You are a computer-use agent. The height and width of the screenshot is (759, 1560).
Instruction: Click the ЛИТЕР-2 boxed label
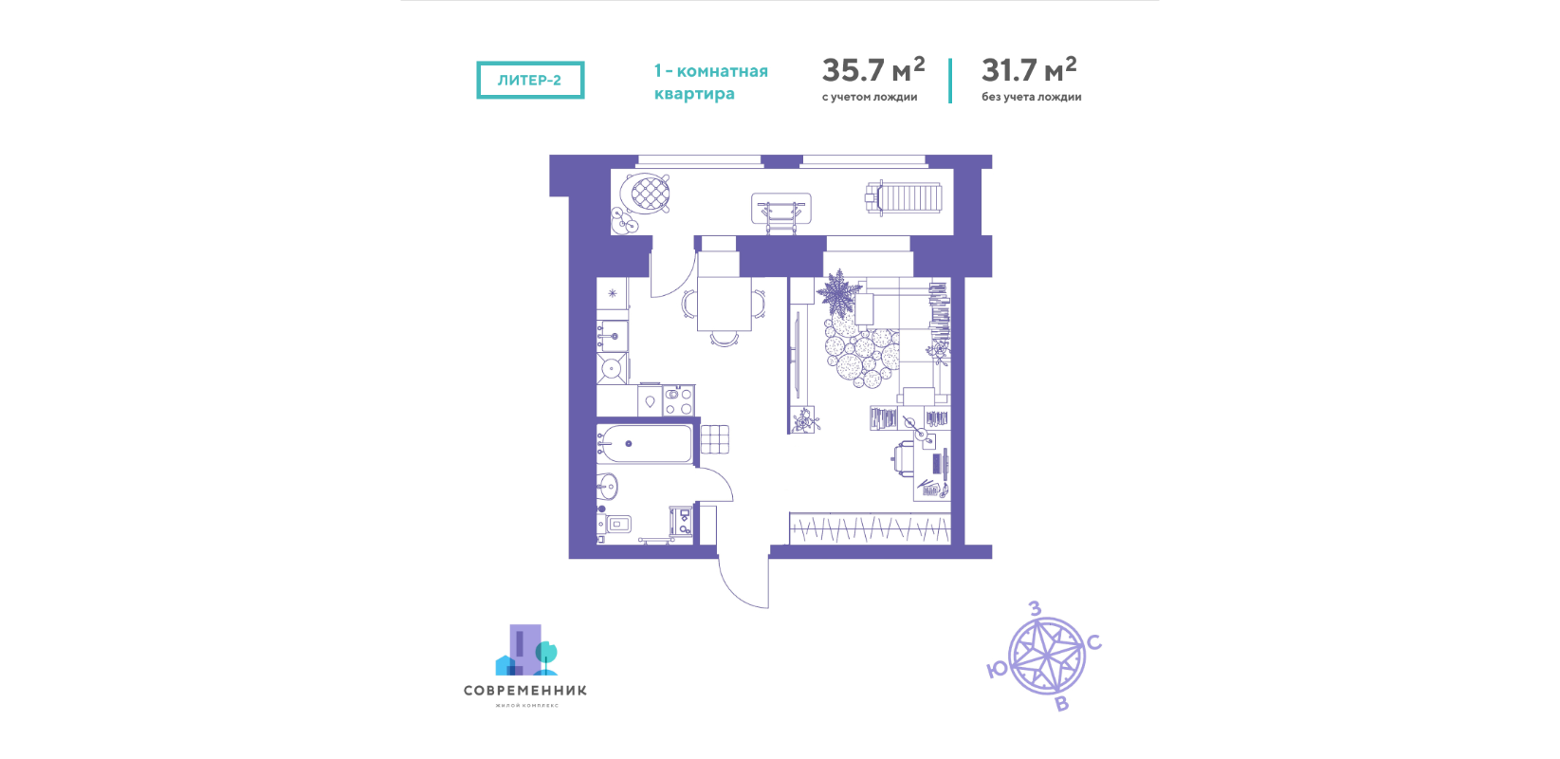click(x=530, y=80)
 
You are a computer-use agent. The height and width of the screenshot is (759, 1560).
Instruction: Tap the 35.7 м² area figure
click(x=873, y=69)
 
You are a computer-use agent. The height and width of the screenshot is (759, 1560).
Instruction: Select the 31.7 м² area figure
click(x=1029, y=69)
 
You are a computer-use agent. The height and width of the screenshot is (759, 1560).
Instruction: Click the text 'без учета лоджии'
click(x=1032, y=97)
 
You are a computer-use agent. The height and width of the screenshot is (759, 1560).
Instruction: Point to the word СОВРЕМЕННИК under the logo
click(x=525, y=691)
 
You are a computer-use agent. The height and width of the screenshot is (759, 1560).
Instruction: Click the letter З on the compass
click(x=1035, y=608)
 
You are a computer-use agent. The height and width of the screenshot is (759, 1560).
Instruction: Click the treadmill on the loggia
click(x=903, y=197)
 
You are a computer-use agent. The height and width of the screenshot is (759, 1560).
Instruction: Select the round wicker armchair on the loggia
click(x=646, y=193)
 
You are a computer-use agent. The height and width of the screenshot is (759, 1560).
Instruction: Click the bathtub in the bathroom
click(x=644, y=444)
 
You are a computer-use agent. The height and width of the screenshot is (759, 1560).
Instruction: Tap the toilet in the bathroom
click(x=615, y=524)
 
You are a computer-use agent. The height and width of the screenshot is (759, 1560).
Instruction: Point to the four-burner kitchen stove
click(x=678, y=400)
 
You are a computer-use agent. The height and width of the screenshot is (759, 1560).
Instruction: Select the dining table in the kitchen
click(x=725, y=304)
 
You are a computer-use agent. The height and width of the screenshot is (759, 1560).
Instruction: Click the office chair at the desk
click(x=903, y=459)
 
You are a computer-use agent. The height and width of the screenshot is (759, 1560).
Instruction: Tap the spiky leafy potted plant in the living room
click(x=836, y=293)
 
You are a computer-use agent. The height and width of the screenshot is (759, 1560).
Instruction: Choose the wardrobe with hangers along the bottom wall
click(x=870, y=528)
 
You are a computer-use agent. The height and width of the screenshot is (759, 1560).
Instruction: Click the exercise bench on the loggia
click(x=781, y=209)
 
